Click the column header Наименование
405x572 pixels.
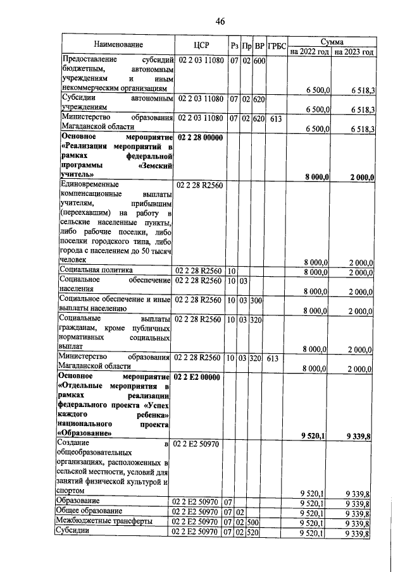(x=118, y=45)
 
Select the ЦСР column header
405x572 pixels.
(x=200, y=45)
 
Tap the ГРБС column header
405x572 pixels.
(x=277, y=46)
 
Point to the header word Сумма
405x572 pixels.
(x=331, y=40)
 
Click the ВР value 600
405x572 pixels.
(x=259, y=61)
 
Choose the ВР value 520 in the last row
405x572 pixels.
(x=259, y=532)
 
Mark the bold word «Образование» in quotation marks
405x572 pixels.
(x=86, y=433)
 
